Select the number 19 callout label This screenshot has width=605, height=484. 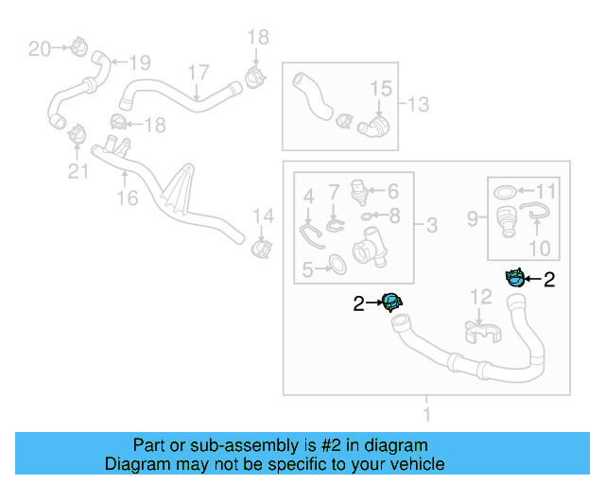[x=139, y=63]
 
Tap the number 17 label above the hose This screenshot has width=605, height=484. [x=197, y=73]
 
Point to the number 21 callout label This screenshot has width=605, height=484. [x=77, y=170]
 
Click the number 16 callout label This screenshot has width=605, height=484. [x=126, y=198]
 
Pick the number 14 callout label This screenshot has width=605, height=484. [x=262, y=219]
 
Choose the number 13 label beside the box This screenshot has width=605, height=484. [x=419, y=102]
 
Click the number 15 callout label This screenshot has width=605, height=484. [x=379, y=89]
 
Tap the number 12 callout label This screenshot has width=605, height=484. [x=481, y=297]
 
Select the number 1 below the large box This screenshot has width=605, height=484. [x=426, y=414]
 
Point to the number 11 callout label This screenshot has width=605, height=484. [x=549, y=190]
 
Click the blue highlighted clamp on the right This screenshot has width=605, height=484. [x=516, y=278]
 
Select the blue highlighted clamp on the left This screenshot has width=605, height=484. [x=391, y=302]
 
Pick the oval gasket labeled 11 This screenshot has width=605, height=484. [x=507, y=192]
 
